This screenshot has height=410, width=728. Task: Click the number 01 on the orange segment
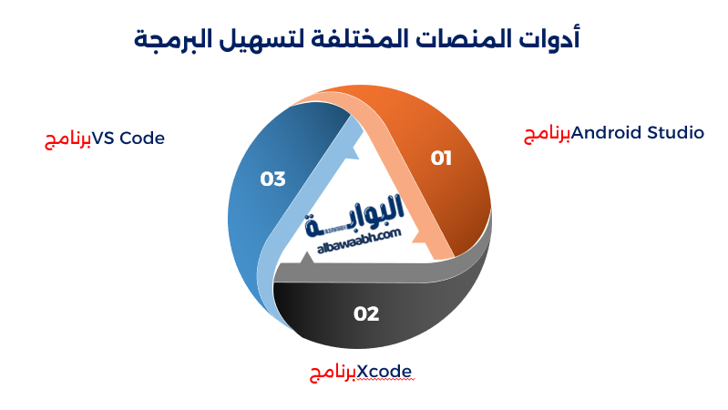pos(441,159)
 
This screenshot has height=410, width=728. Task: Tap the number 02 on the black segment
pos(365,314)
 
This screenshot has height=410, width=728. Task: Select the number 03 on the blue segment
pos(272,179)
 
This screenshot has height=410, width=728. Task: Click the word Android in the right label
pos(606,133)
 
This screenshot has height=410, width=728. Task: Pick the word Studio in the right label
pos(675,133)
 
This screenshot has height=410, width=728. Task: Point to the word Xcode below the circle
pos(385,372)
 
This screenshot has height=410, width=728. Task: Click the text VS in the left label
pos(105,138)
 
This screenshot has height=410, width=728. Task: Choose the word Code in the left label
pos(142,138)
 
